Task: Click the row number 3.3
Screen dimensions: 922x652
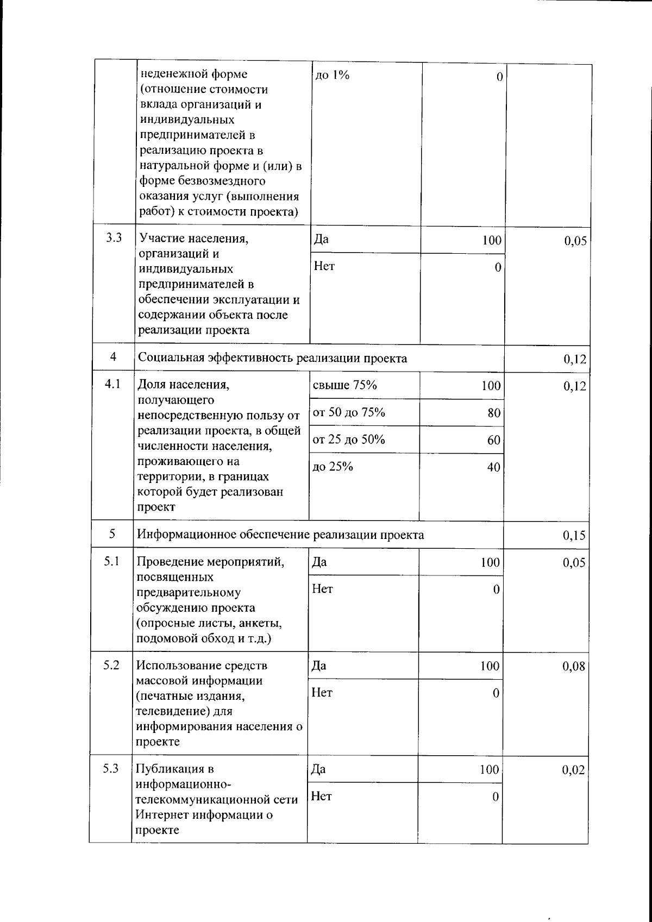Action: coord(114,237)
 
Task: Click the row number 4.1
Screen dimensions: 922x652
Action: coord(112,384)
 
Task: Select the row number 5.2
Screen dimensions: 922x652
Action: coord(111,664)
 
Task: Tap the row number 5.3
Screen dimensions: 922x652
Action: coord(111,768)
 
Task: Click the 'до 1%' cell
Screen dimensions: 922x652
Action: coord(332,75)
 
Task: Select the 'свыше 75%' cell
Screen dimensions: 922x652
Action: coord(345,385)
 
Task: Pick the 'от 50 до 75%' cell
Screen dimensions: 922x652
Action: coord(349,412)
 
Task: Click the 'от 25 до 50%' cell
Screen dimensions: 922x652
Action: coord(349,440)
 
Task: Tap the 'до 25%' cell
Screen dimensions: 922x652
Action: coord(333,467)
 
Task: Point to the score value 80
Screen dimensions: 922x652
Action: coord(493,413)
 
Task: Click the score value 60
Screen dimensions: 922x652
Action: coord(493,441)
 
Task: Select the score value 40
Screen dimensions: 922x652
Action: coord(493,467)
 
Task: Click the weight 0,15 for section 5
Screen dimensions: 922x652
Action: coord(574,536)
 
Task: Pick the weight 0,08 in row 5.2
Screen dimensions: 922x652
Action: coord(574,666)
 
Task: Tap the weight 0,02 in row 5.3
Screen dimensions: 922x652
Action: coord(574,770)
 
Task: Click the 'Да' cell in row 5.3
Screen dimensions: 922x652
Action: coord(319,769)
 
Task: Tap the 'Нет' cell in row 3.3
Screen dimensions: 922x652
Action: coord(324,266)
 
